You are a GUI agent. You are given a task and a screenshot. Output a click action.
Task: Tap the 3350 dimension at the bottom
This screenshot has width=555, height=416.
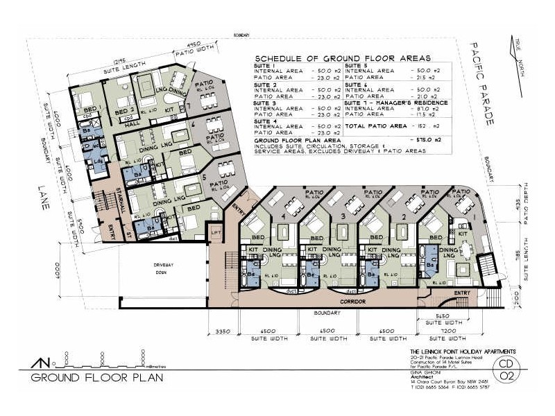tap(222, 331)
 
